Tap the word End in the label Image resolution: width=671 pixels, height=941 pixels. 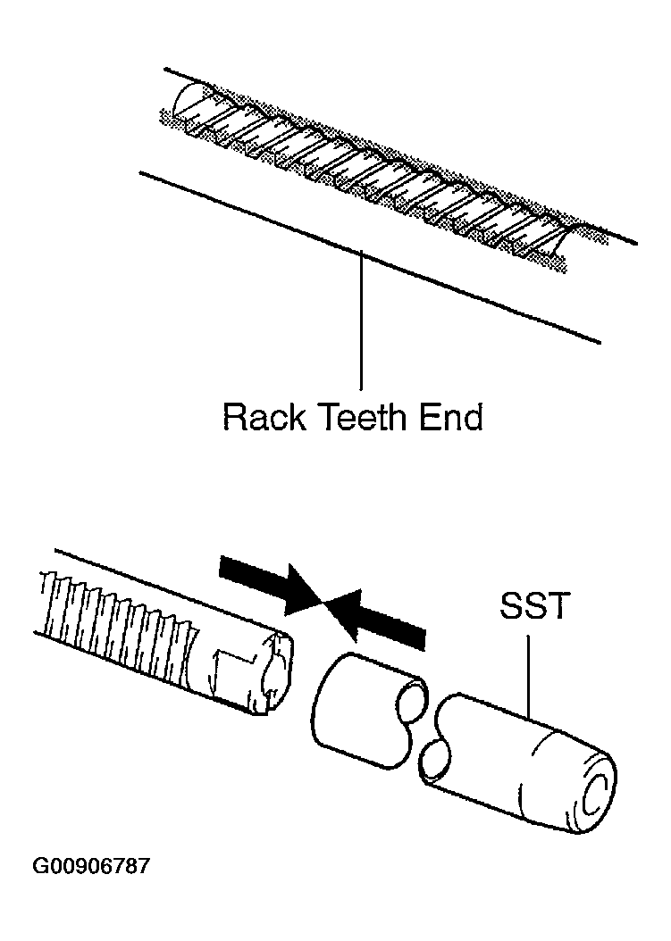pos(451,417)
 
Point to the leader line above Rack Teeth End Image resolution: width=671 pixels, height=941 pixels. pos(361,322)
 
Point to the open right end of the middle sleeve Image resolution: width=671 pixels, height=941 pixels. pos(412,700)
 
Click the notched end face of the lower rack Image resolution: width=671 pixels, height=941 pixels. pos(276,671)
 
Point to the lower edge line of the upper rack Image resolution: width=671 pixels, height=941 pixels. pos(369,257)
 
